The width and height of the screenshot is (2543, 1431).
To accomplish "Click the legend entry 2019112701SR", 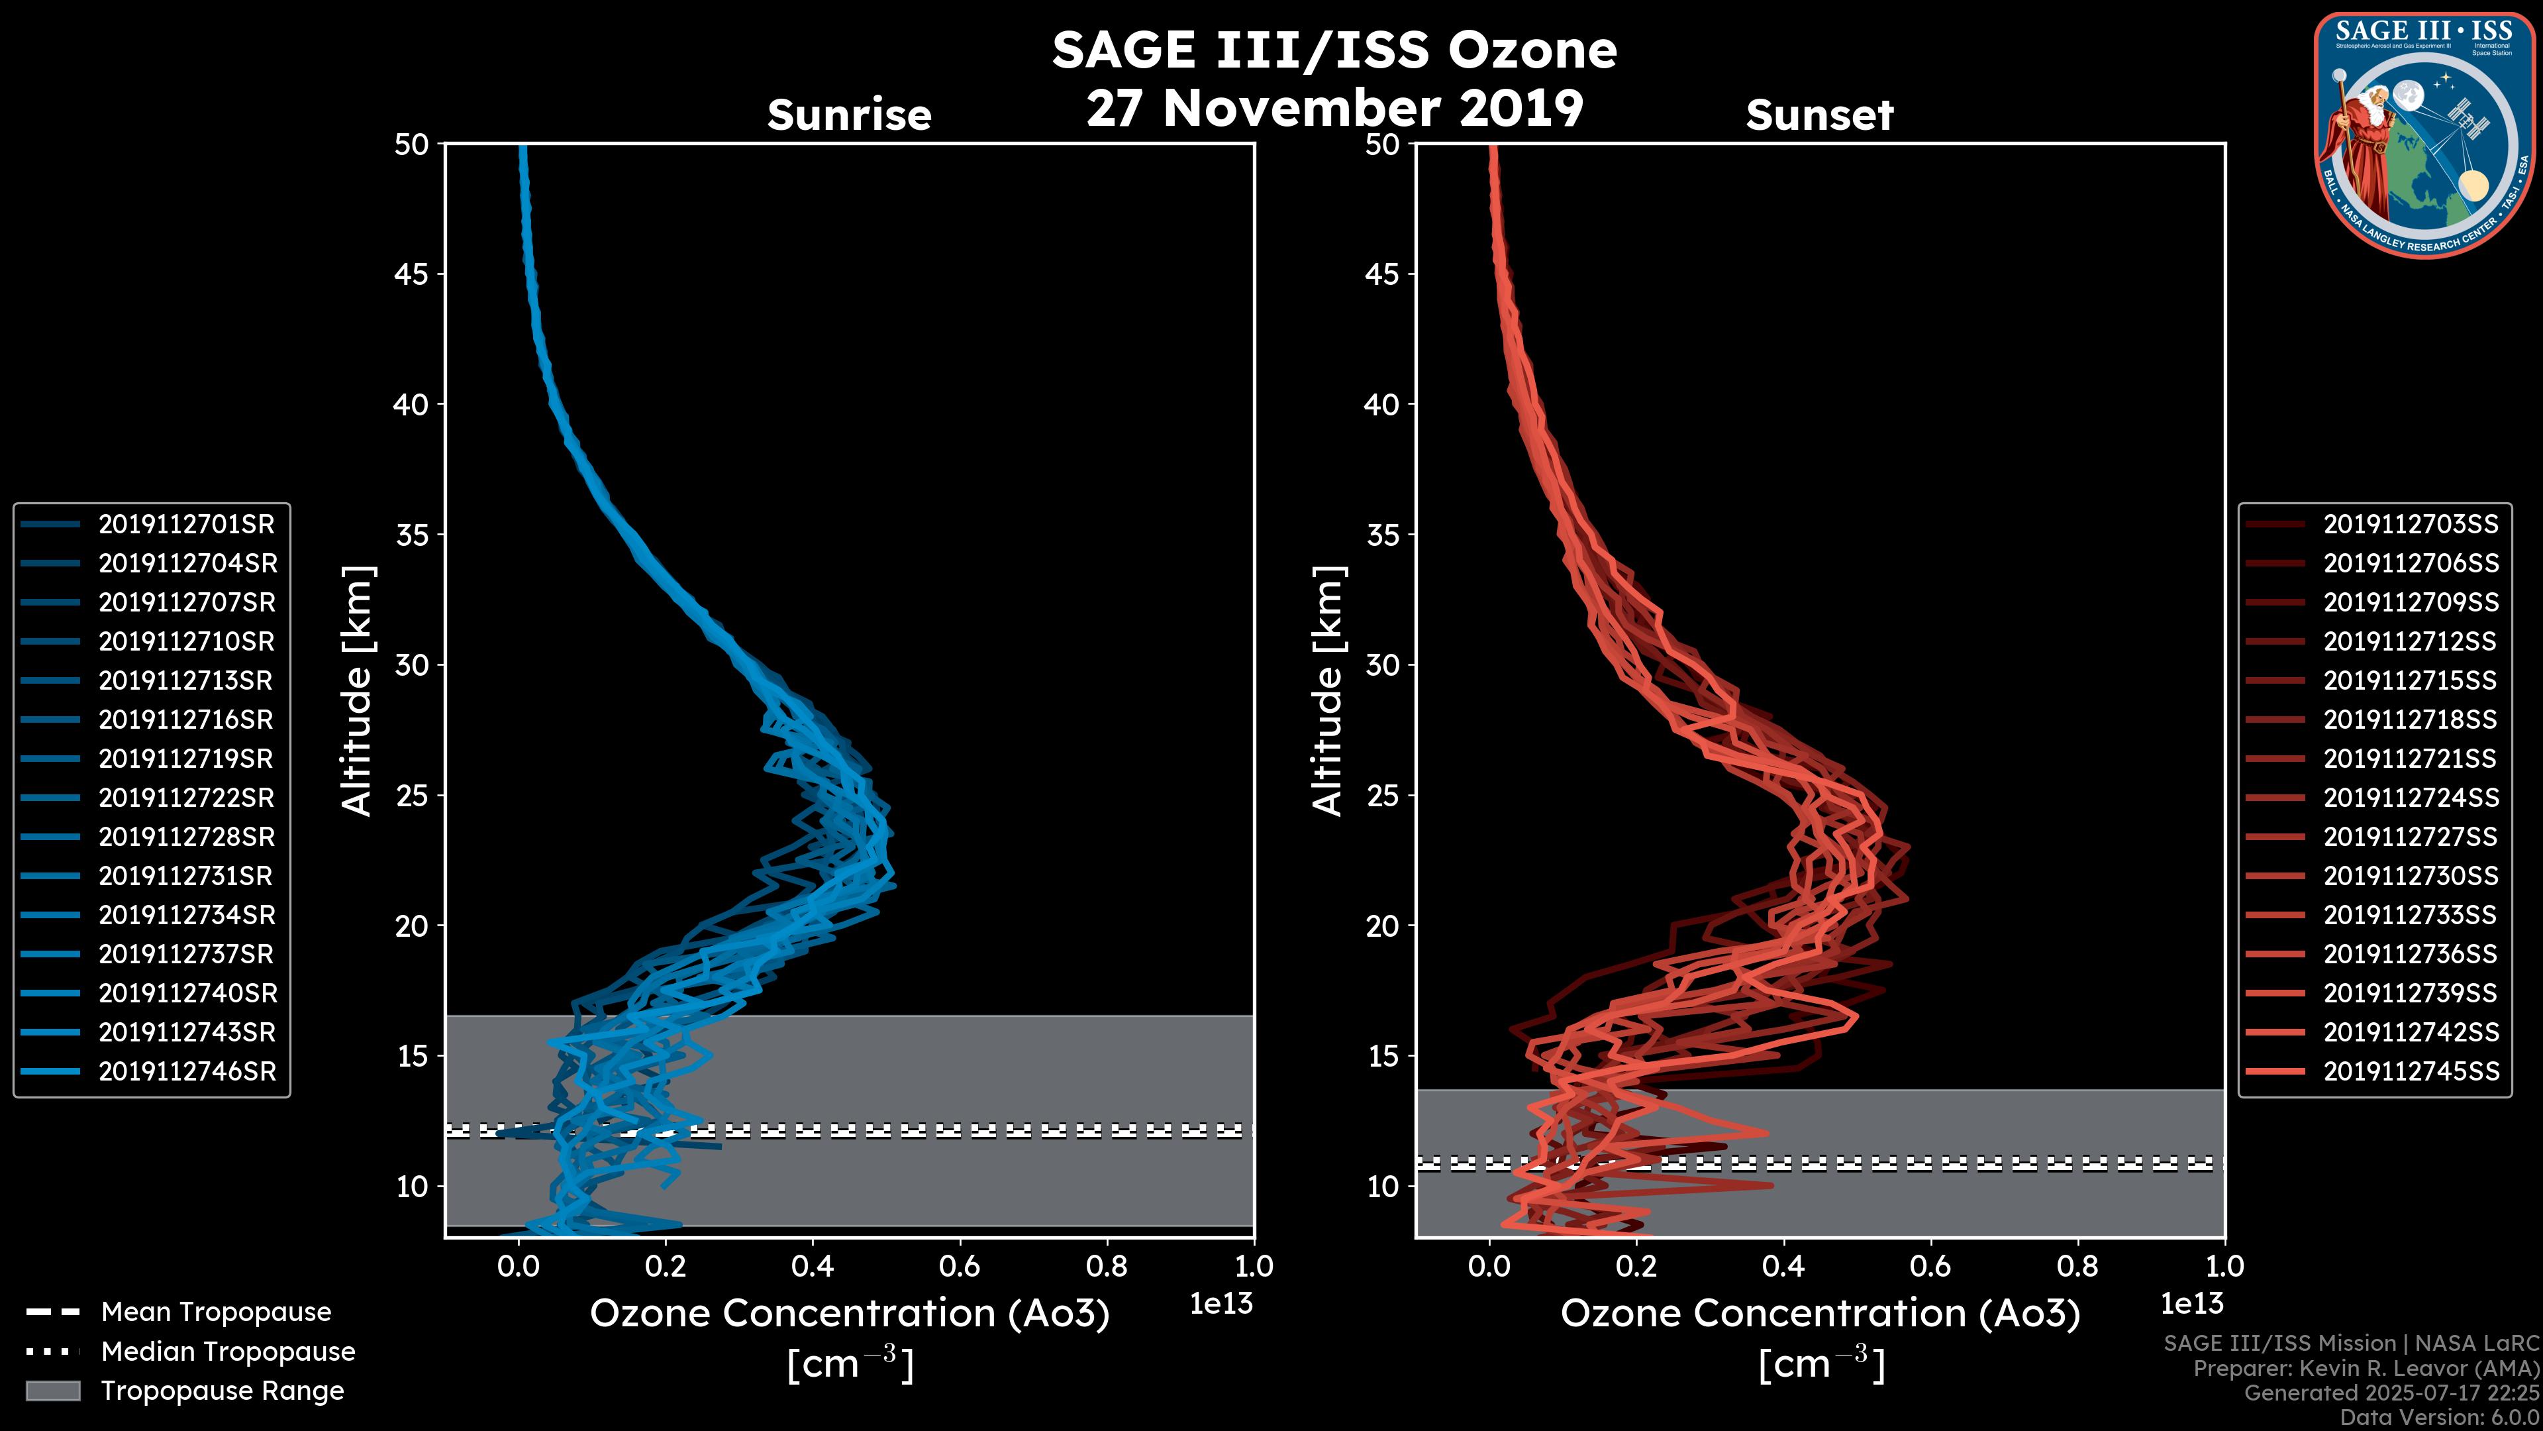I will tap(185, 525).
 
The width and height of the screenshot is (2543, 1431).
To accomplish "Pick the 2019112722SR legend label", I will tap(185, 798).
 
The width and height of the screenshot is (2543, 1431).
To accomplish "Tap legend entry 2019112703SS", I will tap(2410, 525).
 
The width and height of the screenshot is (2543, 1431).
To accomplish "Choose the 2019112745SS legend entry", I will tap(2410, 1071).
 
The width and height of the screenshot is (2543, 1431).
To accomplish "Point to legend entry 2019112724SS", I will tap(2410, 798).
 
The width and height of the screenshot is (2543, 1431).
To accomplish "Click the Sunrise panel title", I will tap(849, 115).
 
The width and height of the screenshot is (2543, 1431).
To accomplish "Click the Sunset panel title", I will tap(1819, 115).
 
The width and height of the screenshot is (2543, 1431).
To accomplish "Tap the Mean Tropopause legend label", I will tap(216, 1312).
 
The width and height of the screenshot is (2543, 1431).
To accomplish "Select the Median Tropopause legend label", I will tap(228, 1352).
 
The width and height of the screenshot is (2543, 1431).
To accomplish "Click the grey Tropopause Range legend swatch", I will tap(52, 1391).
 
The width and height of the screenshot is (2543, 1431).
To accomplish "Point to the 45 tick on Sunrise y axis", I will tap(413, 274).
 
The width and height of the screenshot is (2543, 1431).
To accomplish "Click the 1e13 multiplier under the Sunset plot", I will tap(2191, 1304).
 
